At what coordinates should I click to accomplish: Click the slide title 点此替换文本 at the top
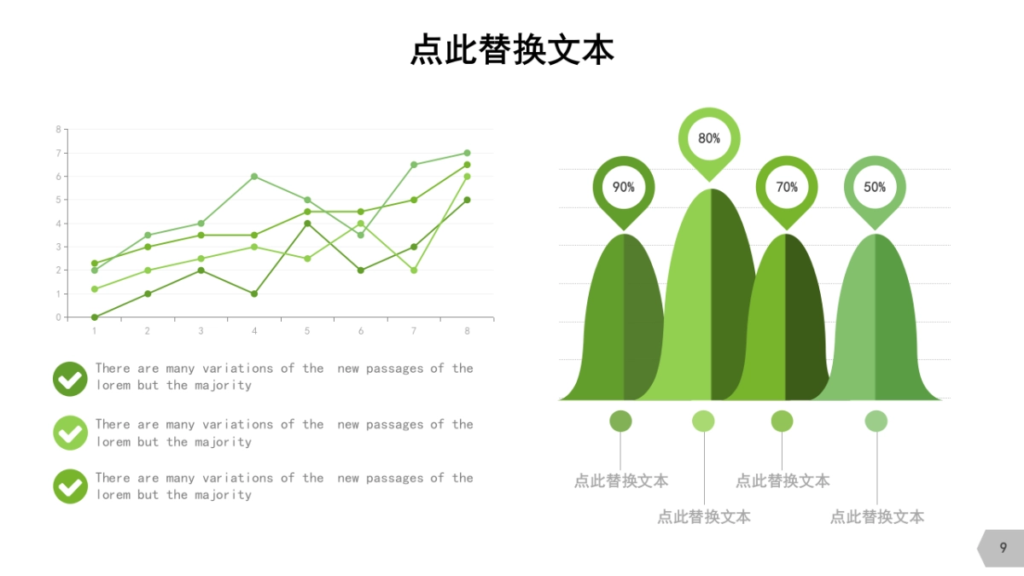pos(512,49)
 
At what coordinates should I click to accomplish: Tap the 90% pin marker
pos(624,187)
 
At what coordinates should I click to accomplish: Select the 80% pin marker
pos(709,138)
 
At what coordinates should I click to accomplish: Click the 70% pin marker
pos(787,187)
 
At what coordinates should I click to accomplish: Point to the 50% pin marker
pos(875,187)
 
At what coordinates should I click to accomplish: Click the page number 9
pos(1003,548)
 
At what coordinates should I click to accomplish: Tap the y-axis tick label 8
pos(58,130)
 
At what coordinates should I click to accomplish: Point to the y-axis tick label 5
pos(58,200)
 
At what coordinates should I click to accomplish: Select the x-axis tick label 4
pos(254,331)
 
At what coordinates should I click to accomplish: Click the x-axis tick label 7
pos(414,331)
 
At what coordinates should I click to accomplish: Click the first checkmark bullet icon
pos(70,379)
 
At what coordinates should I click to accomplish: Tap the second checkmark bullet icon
pos(70,433)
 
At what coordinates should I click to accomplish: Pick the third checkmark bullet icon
pos(70,486)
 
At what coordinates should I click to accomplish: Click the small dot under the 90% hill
pos(620,421)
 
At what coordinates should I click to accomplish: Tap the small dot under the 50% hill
pos(876,421)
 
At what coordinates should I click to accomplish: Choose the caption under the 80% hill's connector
pos(704,516)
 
